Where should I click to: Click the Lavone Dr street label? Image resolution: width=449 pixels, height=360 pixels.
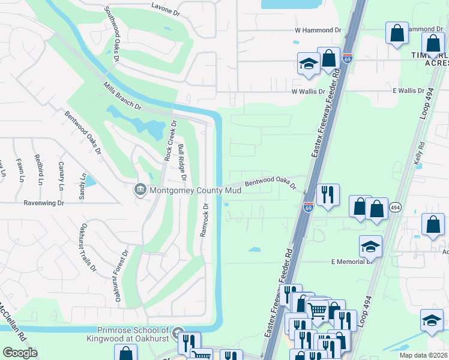(x=166, y=11)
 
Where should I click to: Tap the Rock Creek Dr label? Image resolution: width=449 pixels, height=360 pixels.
(x=169, y=141)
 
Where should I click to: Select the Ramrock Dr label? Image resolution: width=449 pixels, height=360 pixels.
(x=205, y=220)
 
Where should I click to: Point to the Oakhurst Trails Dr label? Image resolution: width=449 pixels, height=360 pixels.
(x=89, y=247)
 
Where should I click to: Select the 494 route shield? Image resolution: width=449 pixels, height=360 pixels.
(x=395, y=207)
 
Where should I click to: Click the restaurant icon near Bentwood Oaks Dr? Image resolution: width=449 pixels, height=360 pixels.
(x=328, y=194)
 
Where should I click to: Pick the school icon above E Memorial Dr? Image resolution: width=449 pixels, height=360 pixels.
(x=370, y=245)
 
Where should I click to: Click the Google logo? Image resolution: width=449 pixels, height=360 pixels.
(x=19, y=353)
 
